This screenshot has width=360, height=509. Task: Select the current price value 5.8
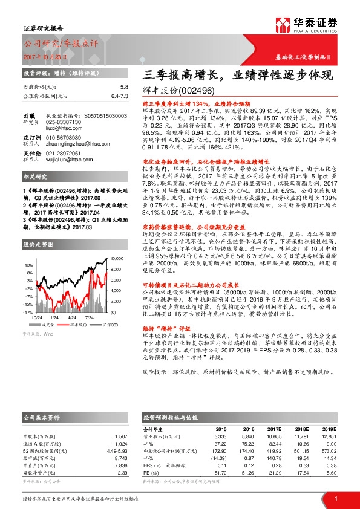[x=124, y=88]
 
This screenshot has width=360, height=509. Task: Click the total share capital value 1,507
[x=120, y=436]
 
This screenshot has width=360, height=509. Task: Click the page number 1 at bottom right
[x=336, y=498]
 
